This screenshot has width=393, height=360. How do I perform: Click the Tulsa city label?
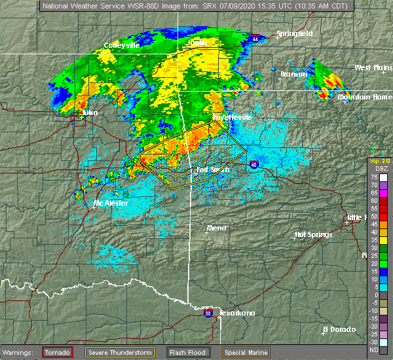pyautogui.click(x=90, y=113)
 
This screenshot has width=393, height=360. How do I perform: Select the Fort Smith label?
pyautogui.click(x=214, y=170)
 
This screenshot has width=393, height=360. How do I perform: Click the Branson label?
pyautogui.click(x=294, y=74)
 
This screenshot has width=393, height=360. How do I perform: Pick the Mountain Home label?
pyautogui.click(x=365, y=97)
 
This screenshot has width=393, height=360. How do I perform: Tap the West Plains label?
pyautogui.click(x=373, y=67)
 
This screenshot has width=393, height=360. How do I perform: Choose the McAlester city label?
pyautogui.click(x=110, y=203)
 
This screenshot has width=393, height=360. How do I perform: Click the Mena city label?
pyautogui.click(x=217, y=228)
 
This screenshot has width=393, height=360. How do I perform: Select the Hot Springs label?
pyautogui.click(x=313, y=234)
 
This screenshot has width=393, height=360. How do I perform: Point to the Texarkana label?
pyautogui.click(x=236, y=313)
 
